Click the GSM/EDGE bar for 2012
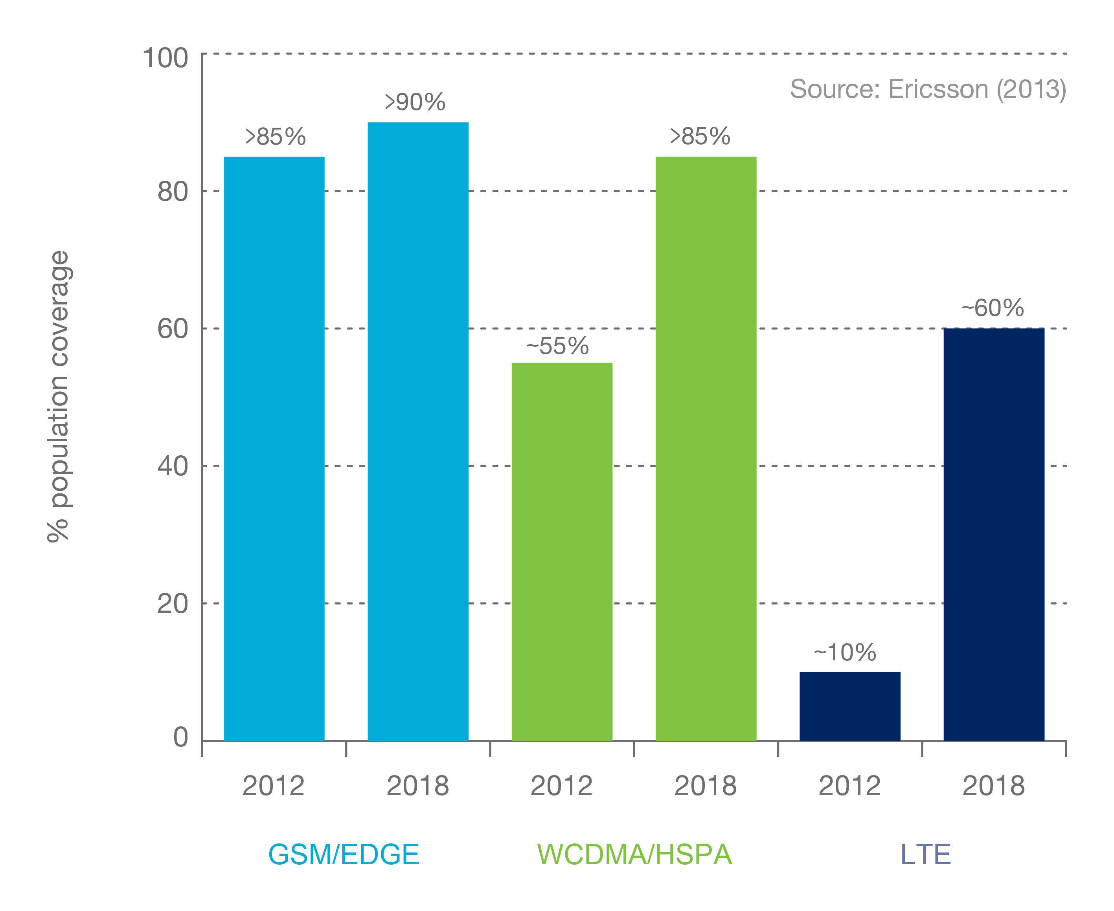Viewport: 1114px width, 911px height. coord(274,448)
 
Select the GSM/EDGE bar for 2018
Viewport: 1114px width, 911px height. coord(418,431)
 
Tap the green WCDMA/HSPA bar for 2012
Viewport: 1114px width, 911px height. coord(562,552)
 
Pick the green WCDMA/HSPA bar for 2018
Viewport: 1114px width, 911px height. coord(706,448)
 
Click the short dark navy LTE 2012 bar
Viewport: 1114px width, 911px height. coord(849,706)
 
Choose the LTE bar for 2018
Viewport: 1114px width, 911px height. coord(994,534)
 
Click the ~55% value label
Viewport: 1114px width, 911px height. coord(557,346)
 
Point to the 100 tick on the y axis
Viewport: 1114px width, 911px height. coord(165,58)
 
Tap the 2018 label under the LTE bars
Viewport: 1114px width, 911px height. coord(993,786)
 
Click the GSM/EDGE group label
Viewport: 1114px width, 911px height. coord(344,854)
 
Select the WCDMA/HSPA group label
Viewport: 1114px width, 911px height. coord(634,854)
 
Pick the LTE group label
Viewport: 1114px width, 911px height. coord(926,854)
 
